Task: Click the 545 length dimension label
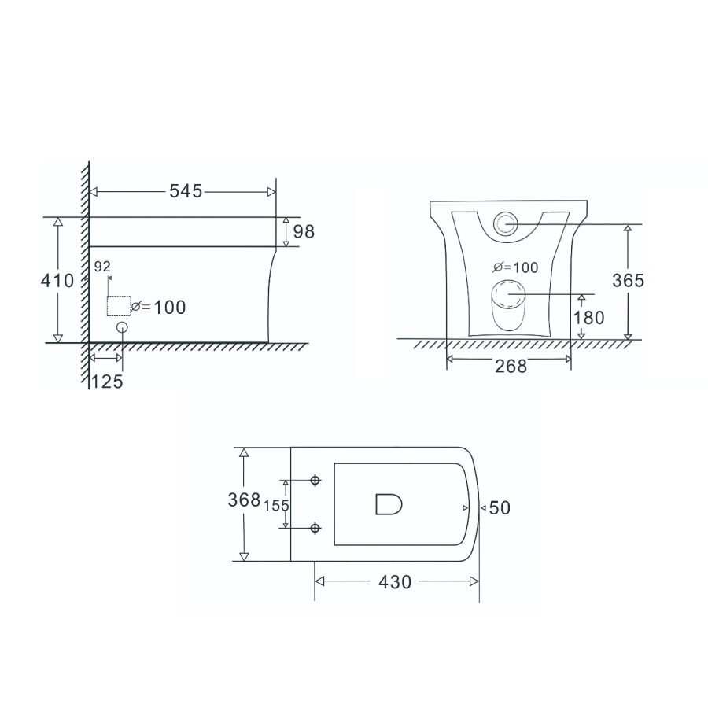[x=186, y=191]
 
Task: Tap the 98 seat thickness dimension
[x=304, y=232]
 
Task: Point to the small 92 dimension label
[x=102, y=267]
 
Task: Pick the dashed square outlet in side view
[x=118, y=305]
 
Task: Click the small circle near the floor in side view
[x=122, y=328]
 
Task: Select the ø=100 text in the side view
[x=159, y=308]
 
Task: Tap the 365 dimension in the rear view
[x=628, y=280]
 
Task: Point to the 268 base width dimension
[x=511, y=366]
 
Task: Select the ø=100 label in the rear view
[x=515, y=267]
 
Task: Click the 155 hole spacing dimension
[x=276, y=505]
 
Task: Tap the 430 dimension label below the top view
[x=395, y=582]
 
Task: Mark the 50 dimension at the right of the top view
[x=500, y=508]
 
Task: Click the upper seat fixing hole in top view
[x=315, y=480]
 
